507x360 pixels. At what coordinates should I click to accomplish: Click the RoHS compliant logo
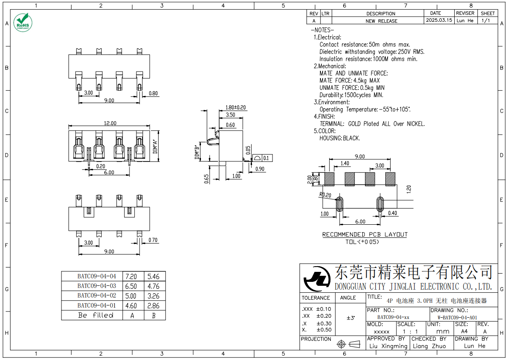[22, 22]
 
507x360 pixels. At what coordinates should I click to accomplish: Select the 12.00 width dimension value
[110, 123]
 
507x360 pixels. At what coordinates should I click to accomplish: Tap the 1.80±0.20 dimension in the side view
[235, 107]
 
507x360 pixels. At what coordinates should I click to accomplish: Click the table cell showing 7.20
[131, 276]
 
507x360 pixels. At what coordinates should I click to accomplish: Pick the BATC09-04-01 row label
[97, 305]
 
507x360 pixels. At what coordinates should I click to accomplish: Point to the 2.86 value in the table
[153, 305]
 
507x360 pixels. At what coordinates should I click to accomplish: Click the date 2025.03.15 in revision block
[439, 21]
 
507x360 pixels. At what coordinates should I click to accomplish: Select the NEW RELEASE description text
[381, 21]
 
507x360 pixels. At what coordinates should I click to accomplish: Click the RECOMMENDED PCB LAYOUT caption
[364, 235]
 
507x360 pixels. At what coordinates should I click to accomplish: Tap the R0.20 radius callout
[325, 195]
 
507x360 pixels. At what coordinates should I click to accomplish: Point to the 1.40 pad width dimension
[344, 164]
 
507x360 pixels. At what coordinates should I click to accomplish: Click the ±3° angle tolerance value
[350, 319]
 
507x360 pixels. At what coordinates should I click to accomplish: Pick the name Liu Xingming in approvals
[388, 346]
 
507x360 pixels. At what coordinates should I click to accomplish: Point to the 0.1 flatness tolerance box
[266, 158]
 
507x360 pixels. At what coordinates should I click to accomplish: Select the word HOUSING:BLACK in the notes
[339, 138]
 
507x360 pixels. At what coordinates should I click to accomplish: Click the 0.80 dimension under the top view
[153, 93]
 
